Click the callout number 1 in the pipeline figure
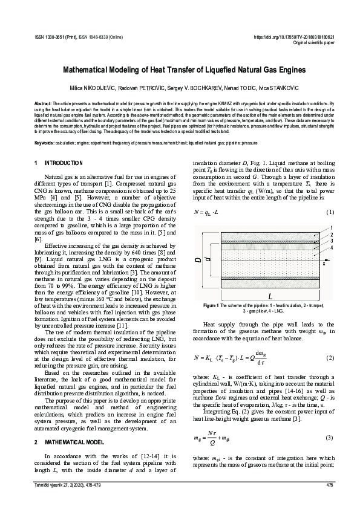coord(330,227)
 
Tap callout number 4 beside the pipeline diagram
coord(330,247)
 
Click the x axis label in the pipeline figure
coord(324,264)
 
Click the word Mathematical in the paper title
coord(96,71)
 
